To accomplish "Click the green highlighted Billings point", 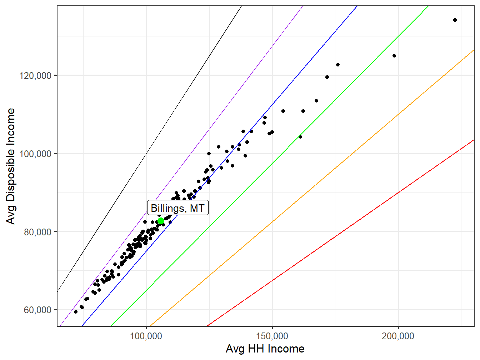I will (161, 221).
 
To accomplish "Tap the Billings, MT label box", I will (177, 208).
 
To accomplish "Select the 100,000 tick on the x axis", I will (146, 336).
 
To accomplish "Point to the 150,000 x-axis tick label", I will (272, 336).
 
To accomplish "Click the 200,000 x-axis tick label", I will (398, 336).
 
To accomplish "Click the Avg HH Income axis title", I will (265, 349).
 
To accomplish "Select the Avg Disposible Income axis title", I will (11, 166).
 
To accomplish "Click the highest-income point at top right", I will (455, 20).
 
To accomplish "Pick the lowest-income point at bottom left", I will (76, 312).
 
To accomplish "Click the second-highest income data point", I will (394, 56).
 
